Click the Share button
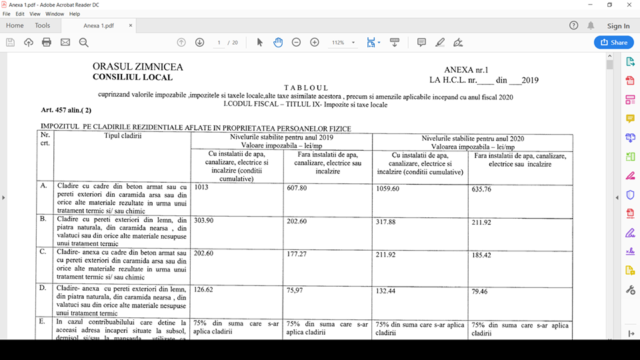(x=613, y=42)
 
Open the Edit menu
(x=20, y=13)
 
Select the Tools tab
(x=42, y=26)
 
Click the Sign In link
(x=618, y=26)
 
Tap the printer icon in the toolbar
(x=47, y=42)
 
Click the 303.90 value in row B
(x=205, y=220)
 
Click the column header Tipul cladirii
(x=123, y=137)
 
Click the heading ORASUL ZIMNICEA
(x=137, y=67)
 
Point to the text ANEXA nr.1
(x=466, y=70)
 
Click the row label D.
(x=43, y=287)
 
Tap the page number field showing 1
(x=219, y=42)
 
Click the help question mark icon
(x=574, y=26)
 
